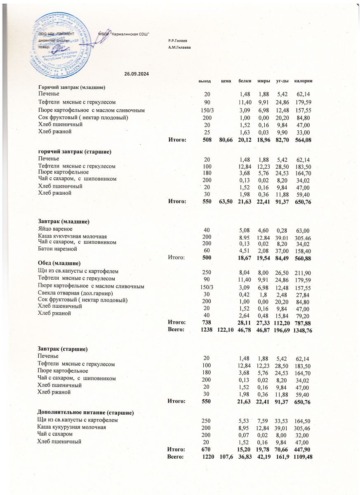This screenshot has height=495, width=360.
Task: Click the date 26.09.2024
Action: click(x=136, y=74)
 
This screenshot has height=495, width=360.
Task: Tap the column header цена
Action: click(x=225, y=80)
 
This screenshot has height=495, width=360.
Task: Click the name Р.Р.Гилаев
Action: click(x=178, y=41)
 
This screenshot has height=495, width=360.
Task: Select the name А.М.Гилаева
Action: click(x=179, y=47)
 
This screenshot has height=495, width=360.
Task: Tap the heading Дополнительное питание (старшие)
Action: click(x=85, y=412)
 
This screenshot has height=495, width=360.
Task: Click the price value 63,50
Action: click(x=226, y=202)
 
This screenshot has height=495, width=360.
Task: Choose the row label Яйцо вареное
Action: click(x=55, y=228)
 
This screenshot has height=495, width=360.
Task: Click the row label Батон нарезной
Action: click(x=57, y=249)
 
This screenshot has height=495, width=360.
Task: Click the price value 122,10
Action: click(x=225, y=331)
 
